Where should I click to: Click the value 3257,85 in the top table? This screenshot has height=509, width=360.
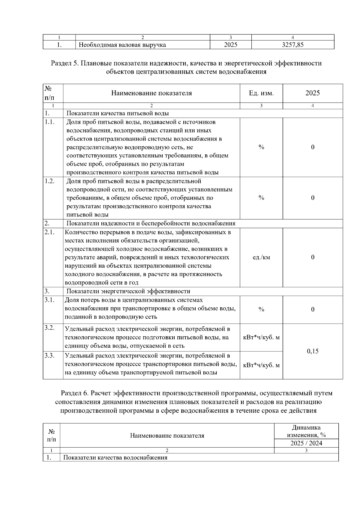293,45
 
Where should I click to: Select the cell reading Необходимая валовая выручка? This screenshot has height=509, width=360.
122,45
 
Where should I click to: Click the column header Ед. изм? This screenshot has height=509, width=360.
261,93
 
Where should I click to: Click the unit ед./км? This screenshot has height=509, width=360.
261,257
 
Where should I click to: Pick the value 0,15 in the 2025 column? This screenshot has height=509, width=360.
313,351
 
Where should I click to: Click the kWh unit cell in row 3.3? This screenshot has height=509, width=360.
261,365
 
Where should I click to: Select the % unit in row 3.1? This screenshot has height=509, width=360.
261,309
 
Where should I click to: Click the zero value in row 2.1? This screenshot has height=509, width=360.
313,257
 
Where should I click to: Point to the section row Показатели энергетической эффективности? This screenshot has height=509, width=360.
128,291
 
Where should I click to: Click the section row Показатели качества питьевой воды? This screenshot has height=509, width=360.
117,113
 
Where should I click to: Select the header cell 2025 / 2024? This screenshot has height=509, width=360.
306,443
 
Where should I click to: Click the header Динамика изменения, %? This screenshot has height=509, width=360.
306,431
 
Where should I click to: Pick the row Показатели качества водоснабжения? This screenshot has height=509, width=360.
115,457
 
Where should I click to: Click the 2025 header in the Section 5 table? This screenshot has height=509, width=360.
313,93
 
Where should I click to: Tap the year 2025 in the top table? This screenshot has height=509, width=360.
230,45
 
